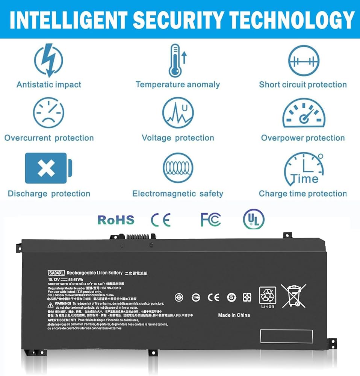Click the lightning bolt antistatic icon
coord(48,60)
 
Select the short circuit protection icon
coord(303,61)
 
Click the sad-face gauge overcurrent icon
coord(48,113)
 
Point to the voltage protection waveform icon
coord(177,113)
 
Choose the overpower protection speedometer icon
coord(303,113)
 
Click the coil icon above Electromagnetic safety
coord(178,168)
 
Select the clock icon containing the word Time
coord(303,170)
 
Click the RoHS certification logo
coord(116,220)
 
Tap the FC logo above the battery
coord(210,220)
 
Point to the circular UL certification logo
coord(254,219)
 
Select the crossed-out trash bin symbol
coord(293,296)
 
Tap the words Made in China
coord(234,315)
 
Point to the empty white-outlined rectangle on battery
coord(286,336)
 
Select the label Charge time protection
coord(303,194)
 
